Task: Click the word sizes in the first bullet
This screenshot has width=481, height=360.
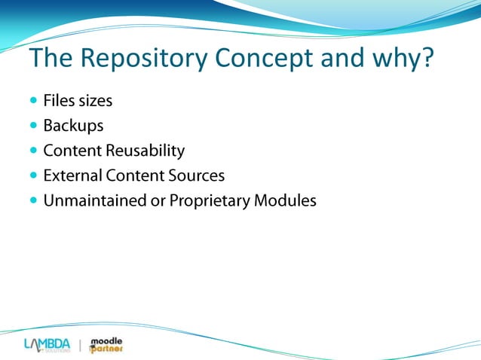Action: coord(96,99)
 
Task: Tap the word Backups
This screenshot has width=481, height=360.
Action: coord(73,125)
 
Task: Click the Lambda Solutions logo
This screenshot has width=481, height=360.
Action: coord(47,345)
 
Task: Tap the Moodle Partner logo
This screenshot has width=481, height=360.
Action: coord(106,345)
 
